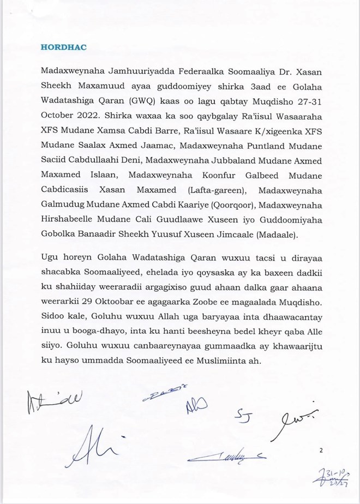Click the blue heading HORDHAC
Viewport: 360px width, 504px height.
coord(63,47)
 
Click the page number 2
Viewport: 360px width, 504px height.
coord(321,451)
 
